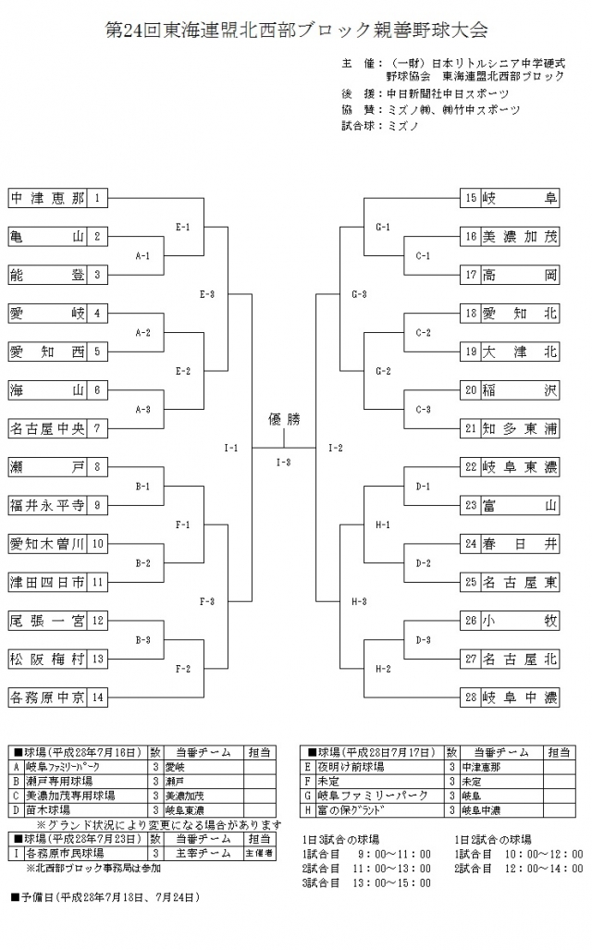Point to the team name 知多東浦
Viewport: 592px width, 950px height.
coord(520,428)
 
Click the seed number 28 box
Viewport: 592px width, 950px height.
coord(471,697)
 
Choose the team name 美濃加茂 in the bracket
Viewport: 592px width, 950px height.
coord(520,236)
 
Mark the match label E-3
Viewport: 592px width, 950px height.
coord(206,294)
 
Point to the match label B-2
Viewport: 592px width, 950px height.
coord(142,562)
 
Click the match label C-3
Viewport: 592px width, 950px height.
coord(424,409)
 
